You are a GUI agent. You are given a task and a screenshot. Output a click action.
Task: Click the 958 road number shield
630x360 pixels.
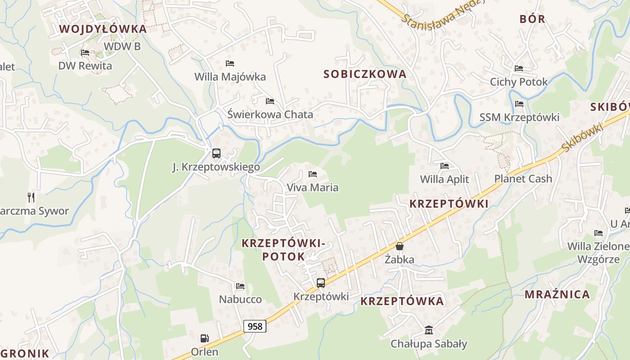[255, 326]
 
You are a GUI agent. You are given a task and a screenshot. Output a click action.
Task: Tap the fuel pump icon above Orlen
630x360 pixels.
[204, 338]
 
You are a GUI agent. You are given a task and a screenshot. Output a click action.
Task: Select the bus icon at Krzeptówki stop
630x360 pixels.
[320, 283]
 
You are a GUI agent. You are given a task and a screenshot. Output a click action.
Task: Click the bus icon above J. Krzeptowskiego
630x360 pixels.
[216, 153]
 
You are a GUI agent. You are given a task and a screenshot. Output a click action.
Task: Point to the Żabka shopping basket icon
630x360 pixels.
[399, 246]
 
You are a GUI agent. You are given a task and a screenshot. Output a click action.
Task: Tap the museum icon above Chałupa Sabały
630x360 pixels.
[428, 331]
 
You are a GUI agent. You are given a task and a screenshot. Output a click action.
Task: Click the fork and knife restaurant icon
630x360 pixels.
[31, 197]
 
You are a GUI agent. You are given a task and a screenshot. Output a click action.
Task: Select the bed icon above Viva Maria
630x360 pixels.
[313, 174]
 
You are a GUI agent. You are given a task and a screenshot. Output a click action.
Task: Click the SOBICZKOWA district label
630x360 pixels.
[364, 74]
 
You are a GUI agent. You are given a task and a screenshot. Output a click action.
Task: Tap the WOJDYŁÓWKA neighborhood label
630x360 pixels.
[103, 29]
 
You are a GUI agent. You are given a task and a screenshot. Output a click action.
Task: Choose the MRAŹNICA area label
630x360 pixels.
[557, 295]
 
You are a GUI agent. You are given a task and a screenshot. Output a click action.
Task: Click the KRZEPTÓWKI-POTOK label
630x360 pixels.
[283, 250]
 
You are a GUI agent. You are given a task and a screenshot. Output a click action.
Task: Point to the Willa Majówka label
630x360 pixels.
[230, 77]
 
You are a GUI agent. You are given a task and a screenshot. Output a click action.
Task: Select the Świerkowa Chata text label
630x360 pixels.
[270, 115]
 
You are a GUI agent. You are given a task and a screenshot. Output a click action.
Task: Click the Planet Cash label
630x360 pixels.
[523, 179]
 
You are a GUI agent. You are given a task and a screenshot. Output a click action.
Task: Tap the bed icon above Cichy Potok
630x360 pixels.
[519, 68]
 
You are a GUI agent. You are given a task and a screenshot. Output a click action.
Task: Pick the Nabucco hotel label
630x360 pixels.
[240, 299]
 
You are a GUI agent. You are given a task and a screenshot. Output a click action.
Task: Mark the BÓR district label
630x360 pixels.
[532, 19]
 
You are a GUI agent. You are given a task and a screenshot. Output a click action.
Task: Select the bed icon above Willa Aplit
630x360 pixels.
[445, 166]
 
